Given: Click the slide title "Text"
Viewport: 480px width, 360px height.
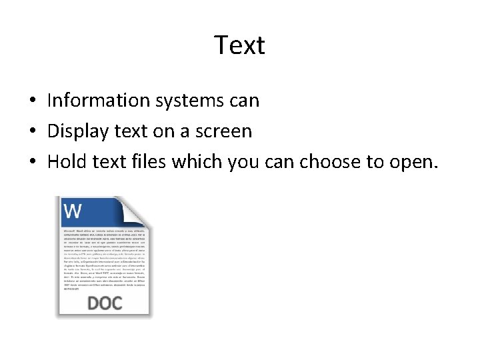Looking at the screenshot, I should (x=239, y=45).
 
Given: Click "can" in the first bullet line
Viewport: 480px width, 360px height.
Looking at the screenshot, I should (x=245, y=101).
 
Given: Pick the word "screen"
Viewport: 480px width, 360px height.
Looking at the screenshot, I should (x=223, y=132).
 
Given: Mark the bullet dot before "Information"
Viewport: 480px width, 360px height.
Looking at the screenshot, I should (x=32, y=101).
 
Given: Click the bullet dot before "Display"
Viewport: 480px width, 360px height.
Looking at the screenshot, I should (x=32, y=132).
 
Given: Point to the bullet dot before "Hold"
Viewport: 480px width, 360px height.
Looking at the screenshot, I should (x=32, y=162).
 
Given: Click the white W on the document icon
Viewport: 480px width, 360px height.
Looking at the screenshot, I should (x=73, y=211).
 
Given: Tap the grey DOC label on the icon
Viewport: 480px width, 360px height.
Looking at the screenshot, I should (x=105, y=303).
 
